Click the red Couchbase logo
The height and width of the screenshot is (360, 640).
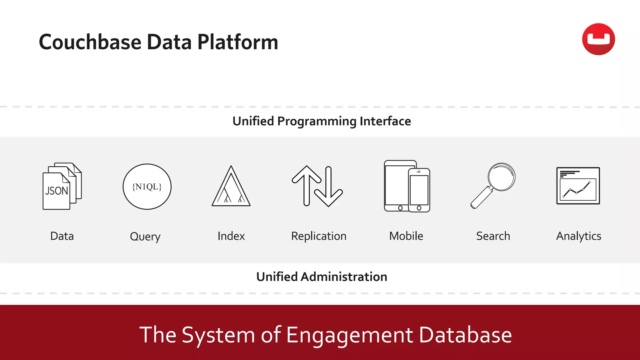point(598,39)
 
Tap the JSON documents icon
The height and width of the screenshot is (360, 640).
point(62,186)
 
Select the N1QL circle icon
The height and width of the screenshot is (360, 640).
point(147,187)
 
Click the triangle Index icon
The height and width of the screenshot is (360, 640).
point(231,187)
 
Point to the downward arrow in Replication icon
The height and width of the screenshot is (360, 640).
point(328,187)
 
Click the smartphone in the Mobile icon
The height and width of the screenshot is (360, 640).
point(419,190)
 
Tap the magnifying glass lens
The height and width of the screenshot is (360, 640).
point(502,177)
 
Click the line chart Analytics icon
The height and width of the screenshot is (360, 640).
point(578,186)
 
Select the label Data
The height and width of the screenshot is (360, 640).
point(62,236)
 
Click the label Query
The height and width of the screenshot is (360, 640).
point(145,237)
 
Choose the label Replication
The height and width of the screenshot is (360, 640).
point(318,236)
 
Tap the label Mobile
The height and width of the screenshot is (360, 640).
point(406,236)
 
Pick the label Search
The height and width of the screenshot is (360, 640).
point(493,236)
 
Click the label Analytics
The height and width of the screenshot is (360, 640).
point(578,236)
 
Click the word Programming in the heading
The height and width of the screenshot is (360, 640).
point(317,121)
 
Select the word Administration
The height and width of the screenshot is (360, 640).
point(344,277)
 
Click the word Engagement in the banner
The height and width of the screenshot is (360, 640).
point(349,335)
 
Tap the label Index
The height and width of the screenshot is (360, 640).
point(231,236)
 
